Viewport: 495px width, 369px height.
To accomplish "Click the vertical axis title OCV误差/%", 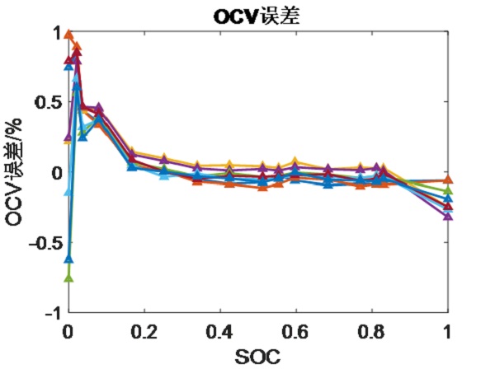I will (15, 172).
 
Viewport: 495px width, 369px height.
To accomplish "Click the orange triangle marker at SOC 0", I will (68, 35).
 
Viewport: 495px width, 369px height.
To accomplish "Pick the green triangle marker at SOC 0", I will (68, 278).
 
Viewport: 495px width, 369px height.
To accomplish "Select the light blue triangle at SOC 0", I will (68, 191).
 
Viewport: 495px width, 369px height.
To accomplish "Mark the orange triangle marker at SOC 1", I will (448, 180).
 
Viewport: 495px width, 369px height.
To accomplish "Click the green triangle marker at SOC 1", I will (448, 191).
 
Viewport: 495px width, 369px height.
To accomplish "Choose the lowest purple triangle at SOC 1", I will (448, 216).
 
